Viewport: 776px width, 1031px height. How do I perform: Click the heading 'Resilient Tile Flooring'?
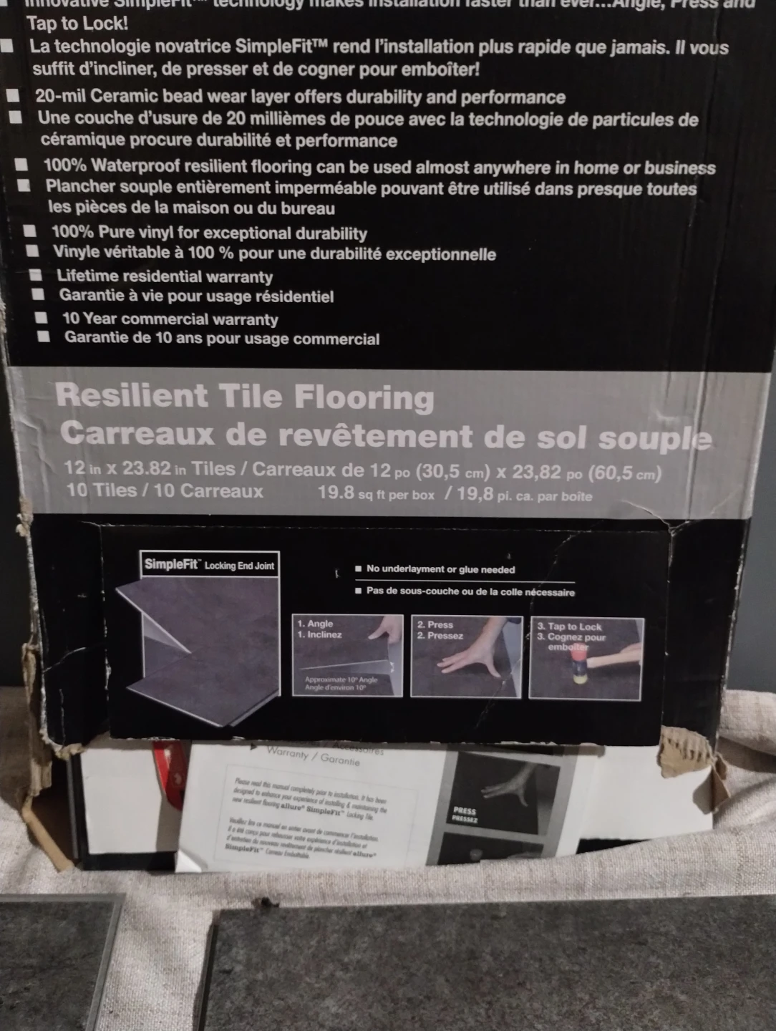point(245,396)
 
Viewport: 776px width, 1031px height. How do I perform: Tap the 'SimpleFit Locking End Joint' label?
point(209,565)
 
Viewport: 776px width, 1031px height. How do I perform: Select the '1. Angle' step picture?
point(348,656)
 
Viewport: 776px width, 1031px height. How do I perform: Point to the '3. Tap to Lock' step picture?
point(586,658)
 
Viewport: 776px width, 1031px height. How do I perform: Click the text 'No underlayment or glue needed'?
point(440,569)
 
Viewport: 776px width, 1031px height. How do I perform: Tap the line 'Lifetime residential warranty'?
point(165,276)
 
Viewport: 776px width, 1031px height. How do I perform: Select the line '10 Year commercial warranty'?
point(170,319)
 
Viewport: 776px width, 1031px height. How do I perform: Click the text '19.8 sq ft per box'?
point(376,494)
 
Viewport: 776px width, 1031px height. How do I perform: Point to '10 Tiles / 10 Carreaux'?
point(165,491)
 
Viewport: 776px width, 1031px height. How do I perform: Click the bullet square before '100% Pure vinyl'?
point(30,231)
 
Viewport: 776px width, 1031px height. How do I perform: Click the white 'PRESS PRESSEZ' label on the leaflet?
point(465,815)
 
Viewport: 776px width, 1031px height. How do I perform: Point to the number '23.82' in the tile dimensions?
point(147,469)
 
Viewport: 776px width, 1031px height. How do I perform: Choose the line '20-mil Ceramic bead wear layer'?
point(300,97)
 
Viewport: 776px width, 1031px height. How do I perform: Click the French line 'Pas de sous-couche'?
point(470,592)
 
